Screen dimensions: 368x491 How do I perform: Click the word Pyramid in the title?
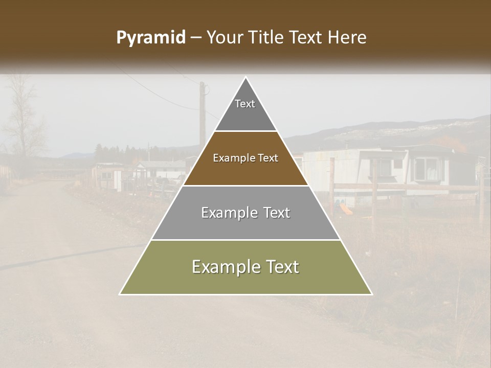(x=151, y=38)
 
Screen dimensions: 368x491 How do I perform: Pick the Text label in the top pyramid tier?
(x=245, y=104)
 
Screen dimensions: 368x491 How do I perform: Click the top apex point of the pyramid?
(x=246, y=77)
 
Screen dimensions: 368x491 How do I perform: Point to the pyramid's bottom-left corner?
(x=120, y=294)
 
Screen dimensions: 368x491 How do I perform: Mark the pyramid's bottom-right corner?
(x=372, y=294)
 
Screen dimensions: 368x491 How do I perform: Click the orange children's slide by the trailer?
(x=346, y=209)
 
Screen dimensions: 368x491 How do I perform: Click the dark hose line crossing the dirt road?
(x=66, y=258)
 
